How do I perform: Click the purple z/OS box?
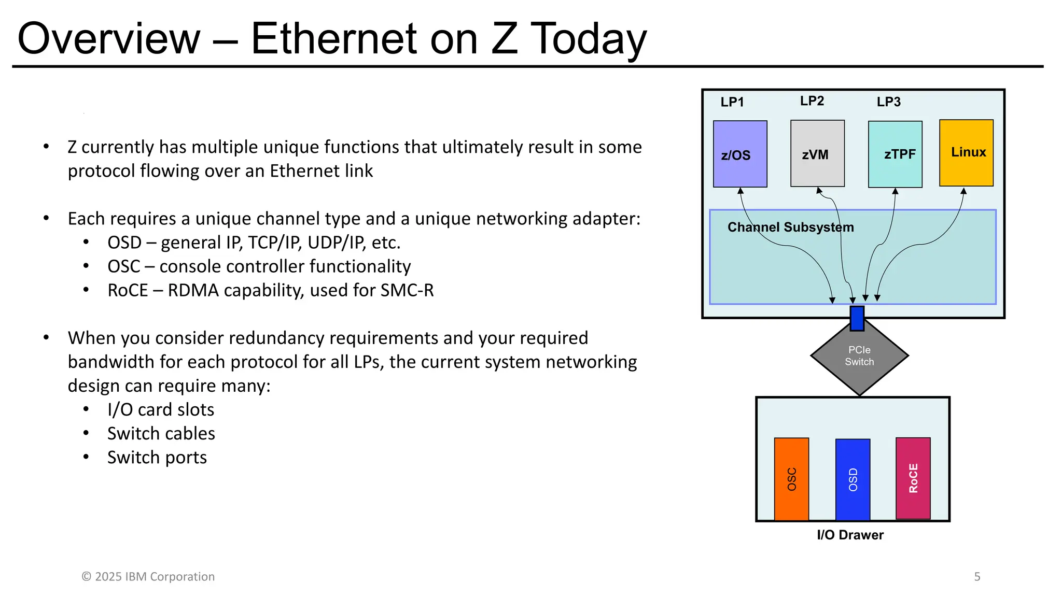click(x=740, y=154)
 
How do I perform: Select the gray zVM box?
click(x=817, y=153)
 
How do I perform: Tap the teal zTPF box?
click(x=895, y=154)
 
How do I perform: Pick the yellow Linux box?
click(x=966, y=152)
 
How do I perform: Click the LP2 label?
click(x=812, y=101)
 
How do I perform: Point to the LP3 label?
click(x=888, y=102)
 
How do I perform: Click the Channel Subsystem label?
click(x=790, y=227)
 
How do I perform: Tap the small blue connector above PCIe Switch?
click(x=857, y=318)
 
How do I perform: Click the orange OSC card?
click(x=791, y=479)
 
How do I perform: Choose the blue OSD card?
click(x=853, y=479)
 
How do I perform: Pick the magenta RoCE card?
click(x=913, y=478)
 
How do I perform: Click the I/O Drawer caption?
click(x=850, y=535)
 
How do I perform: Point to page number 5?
click(x=977, y=576)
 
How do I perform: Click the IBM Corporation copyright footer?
click(x=148, y=576)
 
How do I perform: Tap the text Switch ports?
click(x=157, y=458)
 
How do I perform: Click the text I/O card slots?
click(x=161, y=410)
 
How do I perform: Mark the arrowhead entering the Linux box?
click(x=963, y=191)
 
